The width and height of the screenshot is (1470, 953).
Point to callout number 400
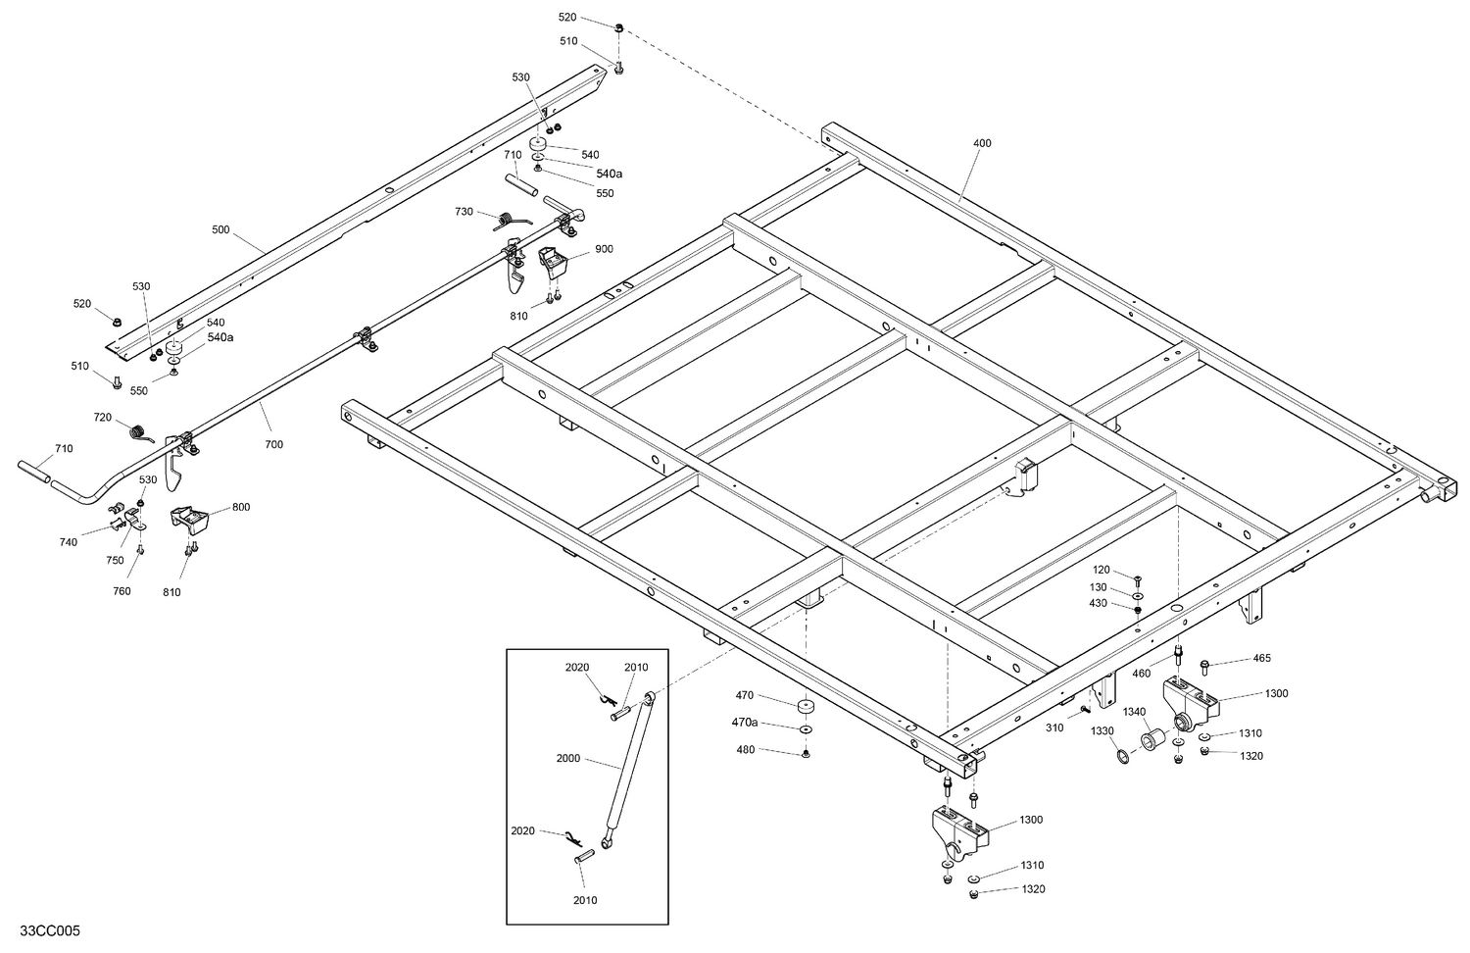coord(981,143)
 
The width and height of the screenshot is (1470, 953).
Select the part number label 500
coord(220,229)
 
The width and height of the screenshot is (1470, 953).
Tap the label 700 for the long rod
coord(273,444)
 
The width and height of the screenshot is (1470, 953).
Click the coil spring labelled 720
coord(142,431)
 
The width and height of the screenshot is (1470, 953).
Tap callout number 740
coord(68,542)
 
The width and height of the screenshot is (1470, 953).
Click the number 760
coord(122,591)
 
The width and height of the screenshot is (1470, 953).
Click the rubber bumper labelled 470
coord(806,708)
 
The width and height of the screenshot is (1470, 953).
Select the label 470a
coord(745,722)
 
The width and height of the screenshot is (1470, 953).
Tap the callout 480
coord(745,750)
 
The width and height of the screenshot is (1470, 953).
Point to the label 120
coord(1101,570)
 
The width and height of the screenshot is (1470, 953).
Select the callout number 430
coord(1098,603)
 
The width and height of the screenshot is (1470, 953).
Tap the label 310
coord(1053,727)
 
